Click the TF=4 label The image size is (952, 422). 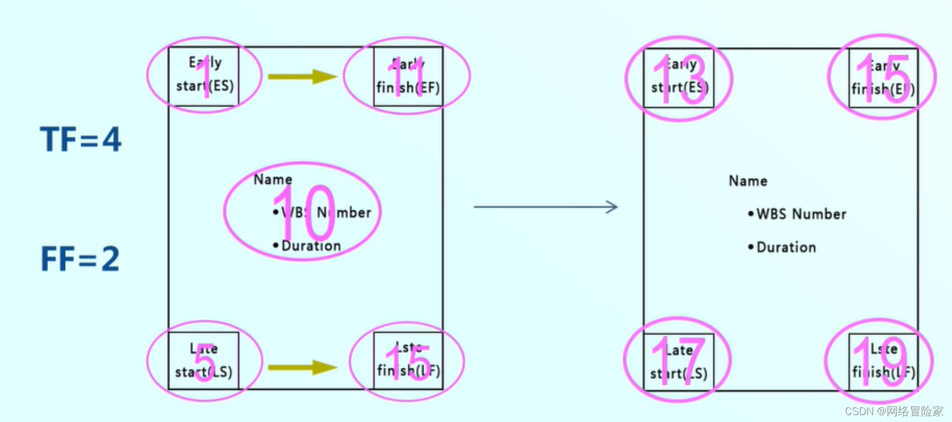click(x=81, y=140)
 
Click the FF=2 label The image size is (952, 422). click(x=80, y=259)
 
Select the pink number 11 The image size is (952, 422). click(x=408, y=77)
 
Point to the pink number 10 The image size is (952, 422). click(x=304, y=213)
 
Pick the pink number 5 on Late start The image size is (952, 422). click(x=204, y=364)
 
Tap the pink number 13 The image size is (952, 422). click(x=679, y=81)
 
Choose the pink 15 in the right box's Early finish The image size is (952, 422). click(x=882, y=79)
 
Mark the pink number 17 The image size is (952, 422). click(x=678, y=361)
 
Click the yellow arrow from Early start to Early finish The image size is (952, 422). click(x=302, y=77)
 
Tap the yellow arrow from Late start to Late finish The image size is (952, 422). click(x=302, y=367)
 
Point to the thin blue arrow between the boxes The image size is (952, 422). click(x=545, y=207)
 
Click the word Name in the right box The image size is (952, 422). click(x=748, y=181)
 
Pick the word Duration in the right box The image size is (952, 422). click(x=786, y=248)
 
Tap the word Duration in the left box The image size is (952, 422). click(x=311, y=246)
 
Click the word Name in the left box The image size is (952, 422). click(x=273, y=180)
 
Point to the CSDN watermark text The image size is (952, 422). click(x=894, y=411)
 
